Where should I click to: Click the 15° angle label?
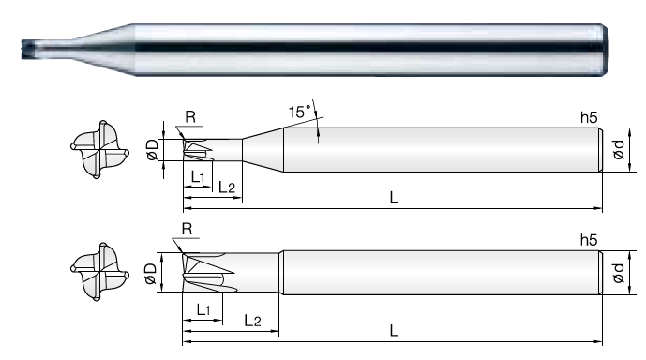pyautogui.click(x=299, y=112)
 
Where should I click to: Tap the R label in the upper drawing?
pyautogui.click(x=190, y=117)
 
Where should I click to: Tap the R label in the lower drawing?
pyautogui.click(x=187, y=229)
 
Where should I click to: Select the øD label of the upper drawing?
pyautogui.click(x=152, y=149)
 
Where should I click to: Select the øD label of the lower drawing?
pyautogui.click(x=150, y=274)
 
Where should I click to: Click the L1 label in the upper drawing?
pyautogui.click(x=198, y=177)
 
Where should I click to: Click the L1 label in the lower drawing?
pyautogui.click(x=203, y=309)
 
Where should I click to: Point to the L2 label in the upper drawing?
pyautogui.click(x=226, y=187)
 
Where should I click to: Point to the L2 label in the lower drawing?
pyautogui.click(x=252, y=321)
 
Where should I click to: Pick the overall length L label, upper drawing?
pyautogui.click(x=395, y=198)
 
